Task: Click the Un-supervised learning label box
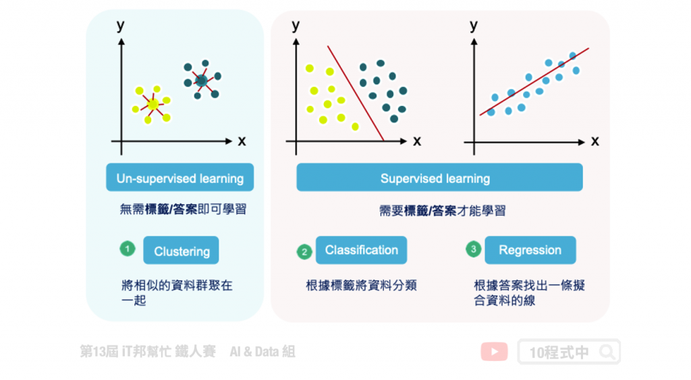click(179, 178)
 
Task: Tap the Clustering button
click(182, 251)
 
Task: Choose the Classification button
click(361, 250)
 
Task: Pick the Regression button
click(530, 250)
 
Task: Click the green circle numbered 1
click(128, 249)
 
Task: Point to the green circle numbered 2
click(304, 251)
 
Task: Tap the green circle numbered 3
click(474, 249)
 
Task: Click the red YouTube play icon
click(494, 352)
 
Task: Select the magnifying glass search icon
click(607, 352)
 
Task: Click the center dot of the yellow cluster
click(153, 104)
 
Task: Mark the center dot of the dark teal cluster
click(200, 81)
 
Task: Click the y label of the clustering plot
click(121, 26)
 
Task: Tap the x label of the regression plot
click(595, 141)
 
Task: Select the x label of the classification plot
click(416, 141)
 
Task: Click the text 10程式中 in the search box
click(559, 352)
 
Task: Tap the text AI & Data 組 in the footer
click(262, 351)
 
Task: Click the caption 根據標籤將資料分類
click(361, 285)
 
